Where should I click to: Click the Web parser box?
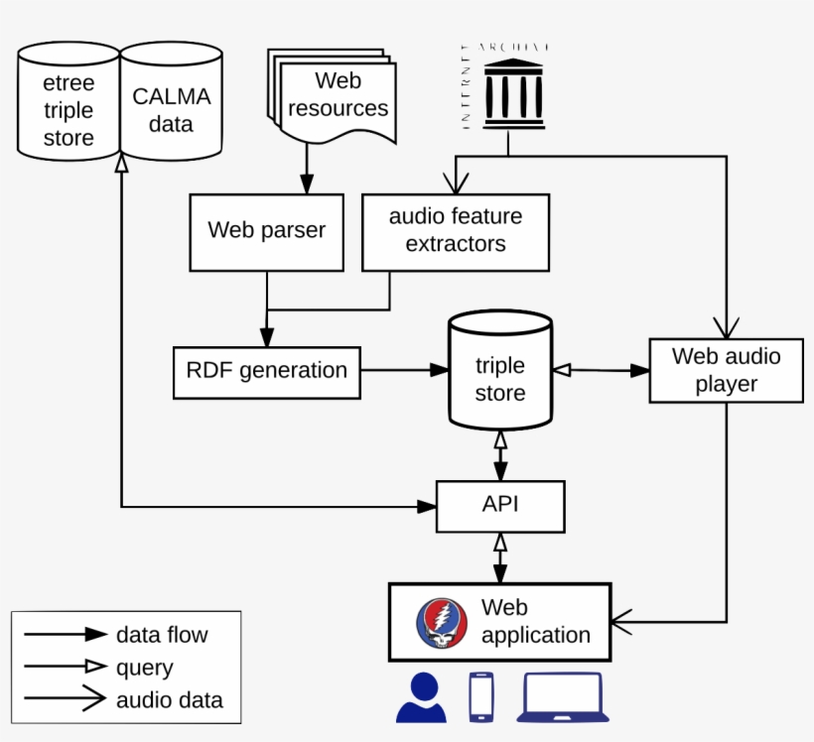click(266, 231)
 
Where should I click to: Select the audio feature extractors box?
click(455, 231)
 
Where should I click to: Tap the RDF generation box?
click(266, 371)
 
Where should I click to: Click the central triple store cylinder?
click(499, 378)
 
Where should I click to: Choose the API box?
click(500, 505)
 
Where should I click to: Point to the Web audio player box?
click(726, 370)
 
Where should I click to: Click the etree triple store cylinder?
click(68, 110)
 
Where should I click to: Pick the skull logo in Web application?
click(442, 623)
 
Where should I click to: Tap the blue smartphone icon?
click(481, 696)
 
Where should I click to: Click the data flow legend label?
click(162, 635)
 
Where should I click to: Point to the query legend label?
click(145, 668)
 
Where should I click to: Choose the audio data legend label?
click(169, 700)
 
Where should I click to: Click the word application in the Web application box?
click(535, 635)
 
